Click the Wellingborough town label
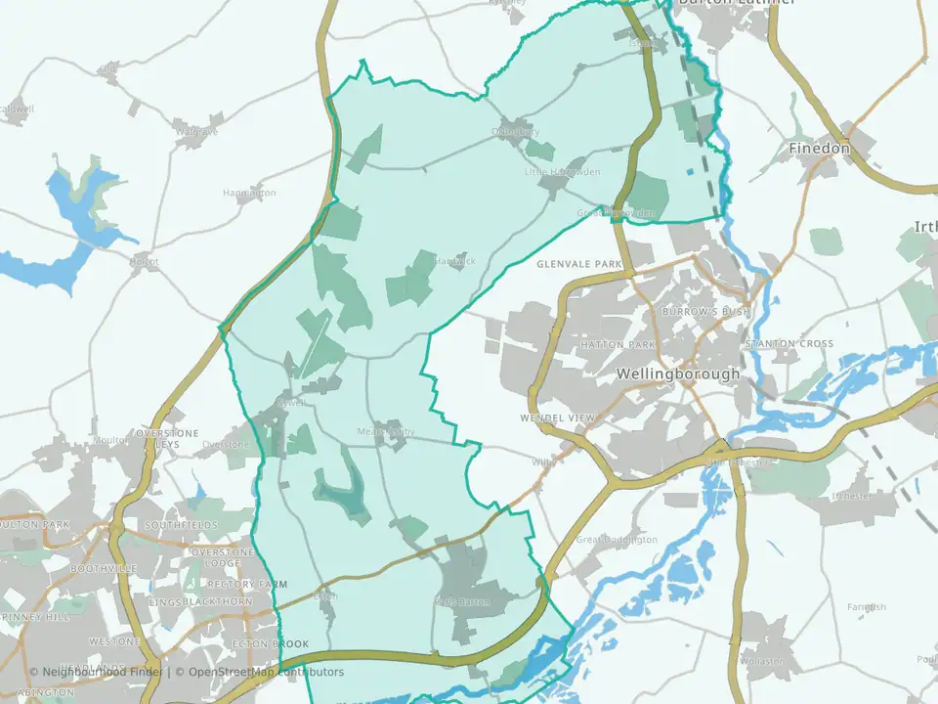point(678,374)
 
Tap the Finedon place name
point(819,149)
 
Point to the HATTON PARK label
point(617,345)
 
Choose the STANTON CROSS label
point(789,344)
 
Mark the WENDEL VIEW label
point(558,418)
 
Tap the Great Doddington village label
point(617,540)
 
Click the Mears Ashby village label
point(386,431)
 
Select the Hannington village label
point(249,194)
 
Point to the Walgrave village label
point(195,130)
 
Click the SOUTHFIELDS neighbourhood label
point(176,525)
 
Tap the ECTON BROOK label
point(270,644)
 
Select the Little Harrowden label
point(562,172)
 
